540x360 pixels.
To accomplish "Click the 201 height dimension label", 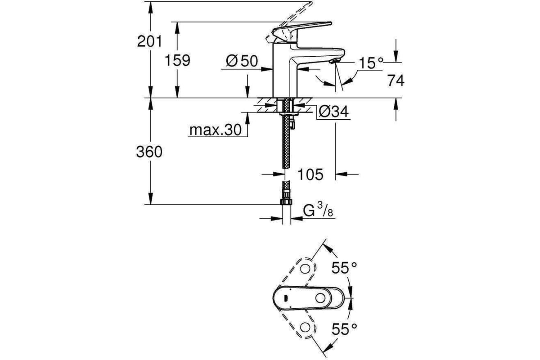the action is tap(149, 41).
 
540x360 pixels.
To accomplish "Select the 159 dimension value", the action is tap(177, 60).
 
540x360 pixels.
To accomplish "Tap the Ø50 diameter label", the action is tap(242, 61).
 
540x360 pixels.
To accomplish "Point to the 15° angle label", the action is tap(371, 63).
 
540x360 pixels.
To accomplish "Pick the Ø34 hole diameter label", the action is tap(333, 112).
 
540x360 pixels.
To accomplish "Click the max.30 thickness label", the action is tap(215, 130).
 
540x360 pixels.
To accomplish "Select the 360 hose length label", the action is tap(149, 152).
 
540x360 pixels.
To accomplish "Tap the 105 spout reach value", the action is tap(310, 174).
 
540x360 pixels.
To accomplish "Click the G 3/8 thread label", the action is tap(318, 210).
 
